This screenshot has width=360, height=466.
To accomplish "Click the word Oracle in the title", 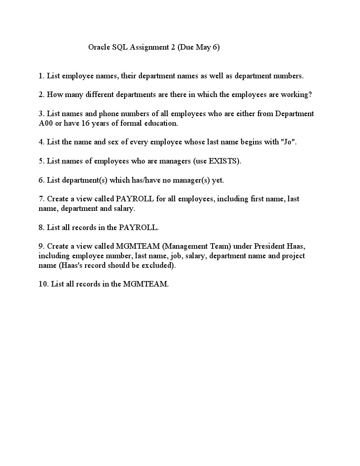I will point(99,47).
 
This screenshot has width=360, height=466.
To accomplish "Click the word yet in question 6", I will point(218,180).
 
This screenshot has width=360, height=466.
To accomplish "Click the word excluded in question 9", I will point(159,265).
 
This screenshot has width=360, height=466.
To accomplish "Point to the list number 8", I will point(41,227).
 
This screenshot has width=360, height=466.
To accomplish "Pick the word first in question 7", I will point(248,199).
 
